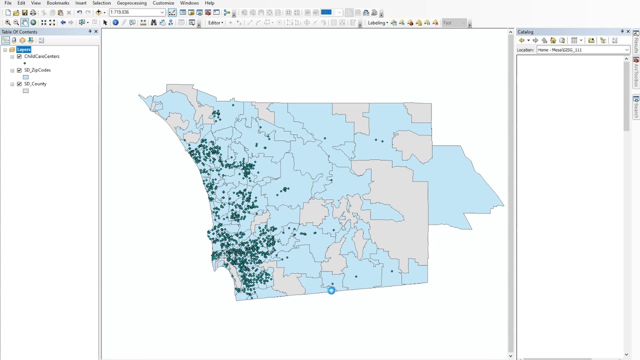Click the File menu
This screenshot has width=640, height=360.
point(8,3)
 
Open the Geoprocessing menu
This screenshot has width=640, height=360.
point(131,3)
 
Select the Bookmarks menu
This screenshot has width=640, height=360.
point(58,3)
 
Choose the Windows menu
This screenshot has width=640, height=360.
point(189,3)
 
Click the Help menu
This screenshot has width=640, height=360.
point(209,3)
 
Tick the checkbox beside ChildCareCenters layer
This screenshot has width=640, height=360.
point(19,56)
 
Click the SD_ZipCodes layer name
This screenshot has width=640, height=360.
point(37,70)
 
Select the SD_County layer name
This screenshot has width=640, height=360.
point(35,84)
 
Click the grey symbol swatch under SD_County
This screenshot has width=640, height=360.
point(25,91)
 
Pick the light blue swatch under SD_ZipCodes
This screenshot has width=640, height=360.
point(25,77)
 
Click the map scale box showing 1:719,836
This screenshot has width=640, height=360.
point(134,12)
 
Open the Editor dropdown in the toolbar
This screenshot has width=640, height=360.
point(215,23)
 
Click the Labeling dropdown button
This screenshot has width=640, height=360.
point(377,23)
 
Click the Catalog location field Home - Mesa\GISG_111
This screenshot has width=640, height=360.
point(580,50)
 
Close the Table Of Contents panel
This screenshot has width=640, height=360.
point(96,31)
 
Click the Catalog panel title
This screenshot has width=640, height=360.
point(525,32)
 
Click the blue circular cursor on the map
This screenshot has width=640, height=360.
point(331,290)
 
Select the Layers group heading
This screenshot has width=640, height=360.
point(23,49)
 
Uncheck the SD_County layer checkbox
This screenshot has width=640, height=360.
point(19,84)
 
